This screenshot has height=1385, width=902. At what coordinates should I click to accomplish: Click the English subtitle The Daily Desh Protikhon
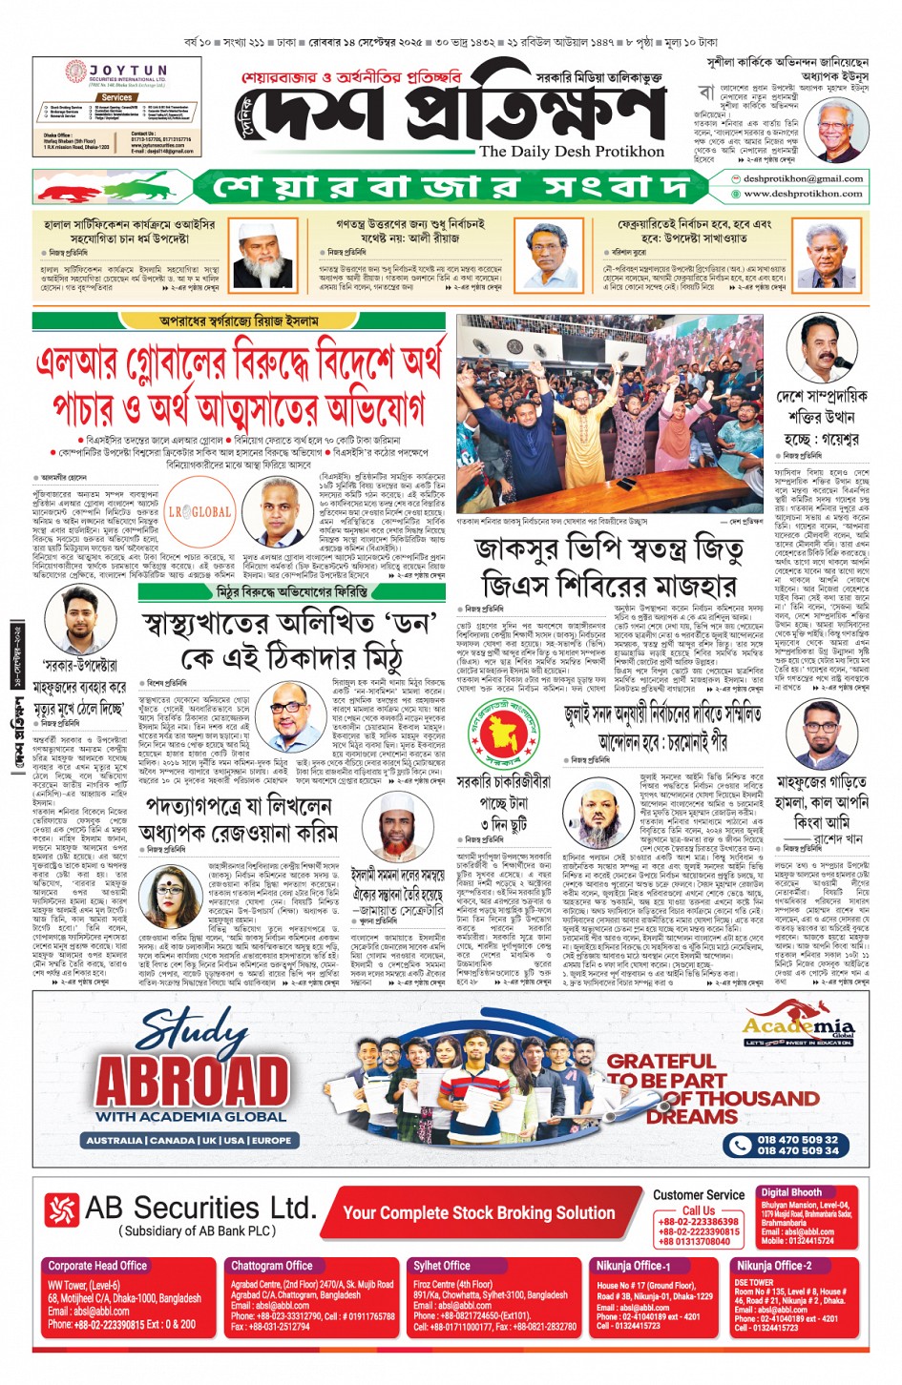(571, 152)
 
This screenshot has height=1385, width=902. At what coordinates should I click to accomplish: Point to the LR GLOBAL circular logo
(199, 511)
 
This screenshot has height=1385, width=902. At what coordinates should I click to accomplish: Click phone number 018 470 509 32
(797, 1139)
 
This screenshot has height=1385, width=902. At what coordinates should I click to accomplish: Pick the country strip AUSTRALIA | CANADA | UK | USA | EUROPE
(189, 1140)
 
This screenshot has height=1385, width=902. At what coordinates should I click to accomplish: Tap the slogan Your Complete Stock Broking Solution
(478, 1212)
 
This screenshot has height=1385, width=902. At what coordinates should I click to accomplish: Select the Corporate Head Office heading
(97, 1266)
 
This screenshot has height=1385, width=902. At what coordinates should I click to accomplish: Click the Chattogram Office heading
(272, 1266)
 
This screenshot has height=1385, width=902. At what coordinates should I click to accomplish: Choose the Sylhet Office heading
(442, 1266)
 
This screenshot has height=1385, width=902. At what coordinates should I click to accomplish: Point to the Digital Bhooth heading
(791, 1192)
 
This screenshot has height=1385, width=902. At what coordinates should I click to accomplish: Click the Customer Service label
(699, 1195)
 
